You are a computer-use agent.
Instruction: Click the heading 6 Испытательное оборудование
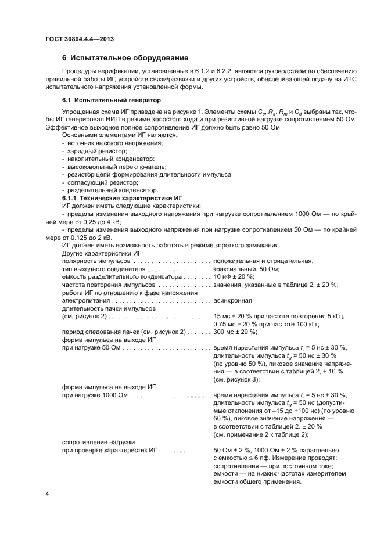(x=125, y=58)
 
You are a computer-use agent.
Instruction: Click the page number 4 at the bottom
(x=48, y=494)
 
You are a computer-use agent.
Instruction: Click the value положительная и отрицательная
(x=263, y=261)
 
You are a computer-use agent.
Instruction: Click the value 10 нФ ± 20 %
(x=235, y=276)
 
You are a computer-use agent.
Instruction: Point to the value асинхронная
(x=234, y=300)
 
